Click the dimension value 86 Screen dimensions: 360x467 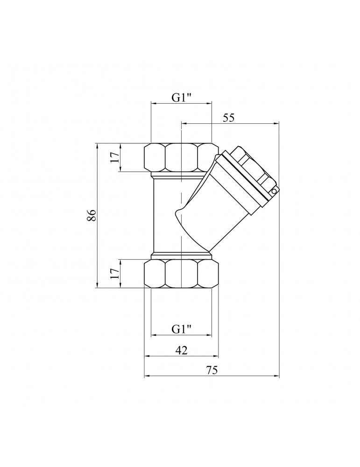[92, 215]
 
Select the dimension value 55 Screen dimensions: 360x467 [229, 118]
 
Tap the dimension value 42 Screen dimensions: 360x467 [181, 350]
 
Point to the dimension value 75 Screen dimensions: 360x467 [212, 370]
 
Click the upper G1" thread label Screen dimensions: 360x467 [181, 98]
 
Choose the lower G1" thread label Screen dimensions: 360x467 [181, 329]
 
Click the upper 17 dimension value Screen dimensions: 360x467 [115, 156]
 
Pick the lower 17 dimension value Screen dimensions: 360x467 [115, 273]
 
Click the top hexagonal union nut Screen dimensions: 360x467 [181, 157]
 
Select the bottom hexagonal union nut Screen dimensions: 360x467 [181, 273]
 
